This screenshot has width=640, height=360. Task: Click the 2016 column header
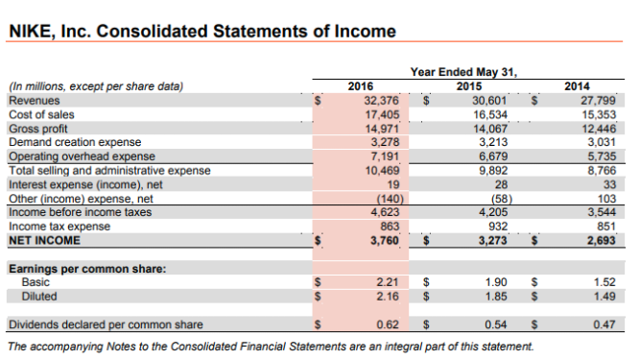360,85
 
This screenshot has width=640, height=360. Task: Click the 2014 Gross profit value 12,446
596,127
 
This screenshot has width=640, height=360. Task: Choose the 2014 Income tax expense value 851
603,226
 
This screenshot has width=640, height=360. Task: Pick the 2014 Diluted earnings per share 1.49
603,296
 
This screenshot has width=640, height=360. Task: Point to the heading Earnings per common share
81,268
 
